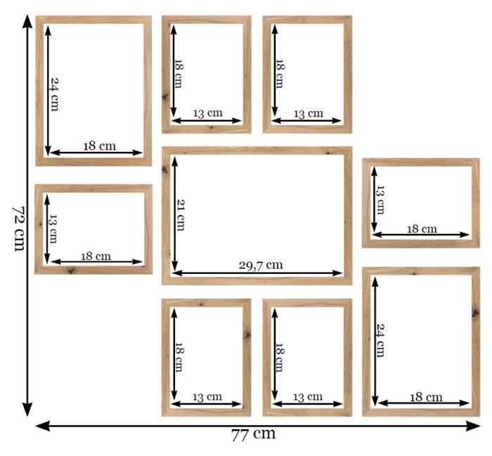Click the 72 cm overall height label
pos(19,228)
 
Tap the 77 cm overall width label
pos(254,435)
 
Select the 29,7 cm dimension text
pos(261,266)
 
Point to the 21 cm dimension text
pos(181,215)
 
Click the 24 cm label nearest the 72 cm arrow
pos(55,94)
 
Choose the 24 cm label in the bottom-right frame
pos(380,340)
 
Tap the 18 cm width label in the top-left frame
pos(100,146)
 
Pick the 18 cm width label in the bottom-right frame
pos(426,398)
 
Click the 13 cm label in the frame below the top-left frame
pos(53,228)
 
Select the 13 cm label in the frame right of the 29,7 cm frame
pos(380,200)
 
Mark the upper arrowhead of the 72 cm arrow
pos(27,21)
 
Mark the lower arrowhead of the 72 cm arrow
pos(27,409)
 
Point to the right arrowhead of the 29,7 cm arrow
pos(338,273)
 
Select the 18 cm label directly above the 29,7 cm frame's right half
pos(279,74)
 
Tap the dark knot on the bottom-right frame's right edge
pos(475,313)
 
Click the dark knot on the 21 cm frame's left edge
pos(165,169)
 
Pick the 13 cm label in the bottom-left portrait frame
pos(207,398)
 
